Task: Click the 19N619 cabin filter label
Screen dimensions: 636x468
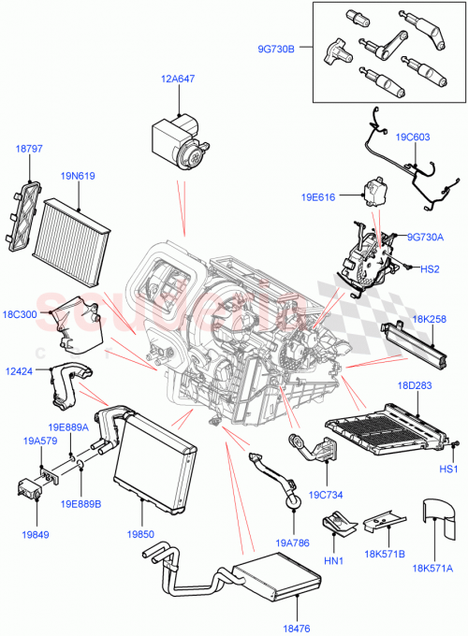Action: click(x=79, y=175)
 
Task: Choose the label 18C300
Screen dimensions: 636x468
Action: click(x=21, y=314)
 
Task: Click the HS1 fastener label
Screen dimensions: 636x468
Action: click(x=448, y=468)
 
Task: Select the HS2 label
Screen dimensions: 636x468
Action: click(x=429, y=269)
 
